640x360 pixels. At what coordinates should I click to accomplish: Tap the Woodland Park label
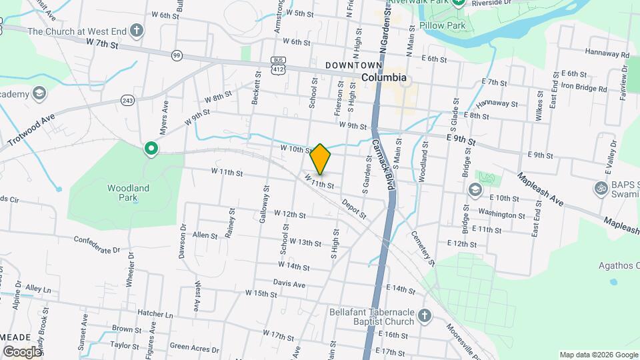[128, 193]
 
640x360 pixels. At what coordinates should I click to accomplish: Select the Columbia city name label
[384, 77]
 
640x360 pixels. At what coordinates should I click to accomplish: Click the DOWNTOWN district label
[354, 65]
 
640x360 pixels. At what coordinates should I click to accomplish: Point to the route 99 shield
[177, 55]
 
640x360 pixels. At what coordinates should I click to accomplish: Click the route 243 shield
[128, 100]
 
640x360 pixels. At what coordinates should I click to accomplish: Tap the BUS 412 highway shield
[278, 65]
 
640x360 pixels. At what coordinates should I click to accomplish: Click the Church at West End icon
[137, 31]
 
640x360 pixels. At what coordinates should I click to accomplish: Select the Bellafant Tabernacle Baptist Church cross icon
[424, 315]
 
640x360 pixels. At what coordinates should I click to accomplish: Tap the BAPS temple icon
[600, 188]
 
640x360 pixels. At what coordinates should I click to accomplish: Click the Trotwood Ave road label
[31, 129]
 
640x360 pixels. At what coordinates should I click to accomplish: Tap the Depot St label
[354, 208]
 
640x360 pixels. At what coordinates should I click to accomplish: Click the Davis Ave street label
[289, 284]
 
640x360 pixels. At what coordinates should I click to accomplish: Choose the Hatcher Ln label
[155, 313]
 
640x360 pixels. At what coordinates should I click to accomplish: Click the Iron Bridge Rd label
[584, 87]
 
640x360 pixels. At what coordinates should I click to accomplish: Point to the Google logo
[22, 351]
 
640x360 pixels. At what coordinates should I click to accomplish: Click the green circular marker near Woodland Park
[151, 149]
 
